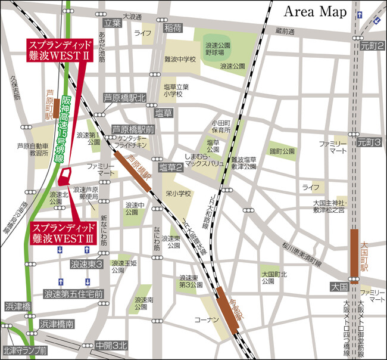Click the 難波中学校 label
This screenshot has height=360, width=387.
pyautogui.click(x=180, y=60)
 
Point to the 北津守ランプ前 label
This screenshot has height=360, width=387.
pyautogui.click(x=25, y=350)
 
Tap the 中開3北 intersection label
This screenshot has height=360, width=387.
pyautogui.click(x=111, y=345)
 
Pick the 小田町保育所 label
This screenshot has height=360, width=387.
pyautogui.click(x=220, y=127)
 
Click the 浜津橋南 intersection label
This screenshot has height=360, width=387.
pyautogui.click(x=57, y=324)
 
